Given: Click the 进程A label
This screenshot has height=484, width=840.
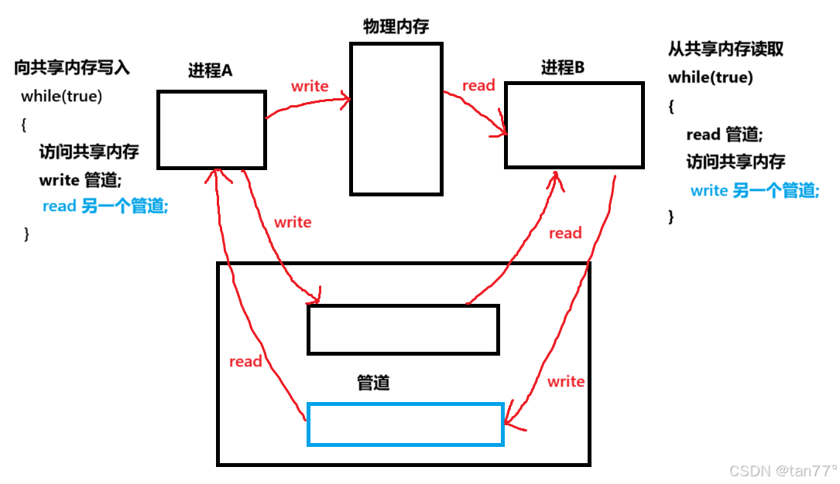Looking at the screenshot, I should pos(211,70).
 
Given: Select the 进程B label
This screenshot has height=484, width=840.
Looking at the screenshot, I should pos(563,67).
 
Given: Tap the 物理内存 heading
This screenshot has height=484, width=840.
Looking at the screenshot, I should pos(396,28).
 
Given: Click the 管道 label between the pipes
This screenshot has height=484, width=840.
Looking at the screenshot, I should pos(373,383).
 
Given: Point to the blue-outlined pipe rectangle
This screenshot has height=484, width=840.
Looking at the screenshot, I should pos(405,424).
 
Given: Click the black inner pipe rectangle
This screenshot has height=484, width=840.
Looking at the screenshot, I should pos(403,329).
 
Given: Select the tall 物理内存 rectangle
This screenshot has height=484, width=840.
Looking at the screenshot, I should pos(396,118).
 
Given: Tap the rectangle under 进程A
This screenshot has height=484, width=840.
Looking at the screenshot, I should pos(211,129).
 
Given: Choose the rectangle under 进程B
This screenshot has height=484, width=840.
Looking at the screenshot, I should pos(574,124).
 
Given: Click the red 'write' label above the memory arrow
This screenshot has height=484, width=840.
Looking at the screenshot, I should pos(310,86).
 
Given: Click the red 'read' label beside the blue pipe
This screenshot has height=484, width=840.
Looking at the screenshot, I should pos(245,361).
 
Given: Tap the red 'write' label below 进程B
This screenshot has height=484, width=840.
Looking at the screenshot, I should pos(566,381).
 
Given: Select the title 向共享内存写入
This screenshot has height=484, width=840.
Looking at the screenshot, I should pos(72,68).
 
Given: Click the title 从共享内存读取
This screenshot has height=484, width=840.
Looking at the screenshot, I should pos(725,49).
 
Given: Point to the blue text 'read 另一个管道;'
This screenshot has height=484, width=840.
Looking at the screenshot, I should pos(105,206).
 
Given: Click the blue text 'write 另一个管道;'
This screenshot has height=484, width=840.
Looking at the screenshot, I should pos(754,190).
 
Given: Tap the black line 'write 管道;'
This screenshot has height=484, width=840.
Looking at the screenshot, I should pos(80,179).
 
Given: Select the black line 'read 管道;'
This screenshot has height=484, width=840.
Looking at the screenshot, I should pos(724,135).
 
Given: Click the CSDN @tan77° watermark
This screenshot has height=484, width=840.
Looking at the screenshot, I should pos(783,470).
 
